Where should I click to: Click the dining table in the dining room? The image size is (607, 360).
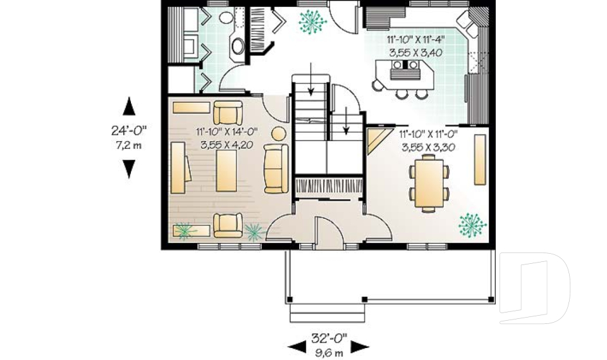429,183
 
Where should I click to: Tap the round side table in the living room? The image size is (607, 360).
278,134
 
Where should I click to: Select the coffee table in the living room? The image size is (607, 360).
226,171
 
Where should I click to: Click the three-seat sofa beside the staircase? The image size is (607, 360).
276,168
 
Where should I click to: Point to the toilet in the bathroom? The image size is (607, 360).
226,17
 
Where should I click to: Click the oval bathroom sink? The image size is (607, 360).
238,46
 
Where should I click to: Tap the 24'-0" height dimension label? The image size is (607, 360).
129,130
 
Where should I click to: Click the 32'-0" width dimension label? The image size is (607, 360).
329,338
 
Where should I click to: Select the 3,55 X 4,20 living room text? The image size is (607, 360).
226,145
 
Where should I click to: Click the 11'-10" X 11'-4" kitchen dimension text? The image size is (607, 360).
415,39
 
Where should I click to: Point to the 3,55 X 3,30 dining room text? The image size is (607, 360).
428,147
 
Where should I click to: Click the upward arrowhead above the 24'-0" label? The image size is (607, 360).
129,106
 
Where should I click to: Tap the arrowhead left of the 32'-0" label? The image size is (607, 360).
297,347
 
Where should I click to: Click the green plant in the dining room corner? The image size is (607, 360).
472,225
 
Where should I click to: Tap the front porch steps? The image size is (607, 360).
328,313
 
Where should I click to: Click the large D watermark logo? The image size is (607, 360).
535,288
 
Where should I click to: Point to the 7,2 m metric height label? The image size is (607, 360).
129,146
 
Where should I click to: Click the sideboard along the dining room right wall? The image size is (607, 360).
480,159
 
